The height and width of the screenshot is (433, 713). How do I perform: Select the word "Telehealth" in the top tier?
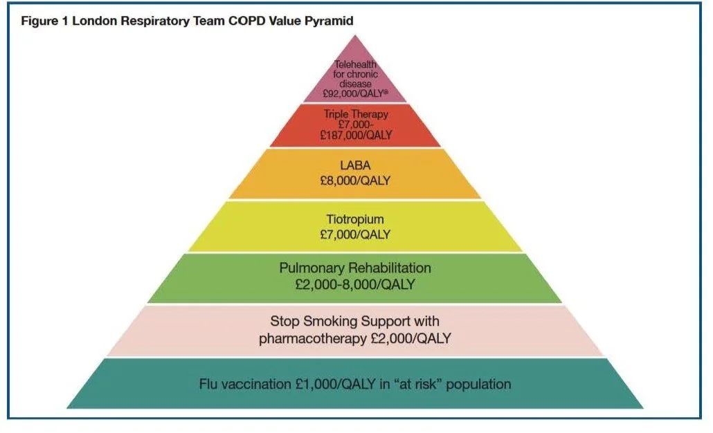click(356, 65)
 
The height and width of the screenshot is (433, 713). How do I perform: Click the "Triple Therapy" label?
click(356, 113)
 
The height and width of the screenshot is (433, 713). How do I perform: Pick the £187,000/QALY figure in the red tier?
click(356, 136)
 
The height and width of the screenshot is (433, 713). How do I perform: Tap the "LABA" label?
click(356, 167)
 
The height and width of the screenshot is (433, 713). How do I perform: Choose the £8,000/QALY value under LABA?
click(356, 181)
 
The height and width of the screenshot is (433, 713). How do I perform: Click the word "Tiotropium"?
click(356, 220)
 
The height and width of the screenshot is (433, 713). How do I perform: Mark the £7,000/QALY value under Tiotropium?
click(356, 235)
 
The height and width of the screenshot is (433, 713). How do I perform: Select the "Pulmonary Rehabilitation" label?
click(355, 268)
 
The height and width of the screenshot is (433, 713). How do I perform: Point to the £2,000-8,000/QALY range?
click(355, 284)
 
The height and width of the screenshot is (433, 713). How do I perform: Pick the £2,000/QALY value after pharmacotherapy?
click(408, 339)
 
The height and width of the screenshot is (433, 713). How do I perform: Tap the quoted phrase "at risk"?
click(410, 384)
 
